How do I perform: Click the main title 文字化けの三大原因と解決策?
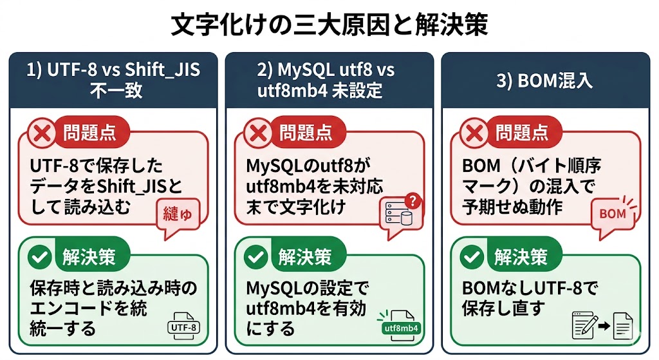click(x=329, y=25)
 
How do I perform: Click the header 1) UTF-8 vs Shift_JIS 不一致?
click(x=113, y=80)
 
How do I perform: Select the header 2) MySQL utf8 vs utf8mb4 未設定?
click(x=329, y=80)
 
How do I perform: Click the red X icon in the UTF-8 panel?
click(x=42, y=133)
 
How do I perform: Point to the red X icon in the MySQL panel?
click(x=258, y=133)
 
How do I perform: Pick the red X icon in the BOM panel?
click(x=474, y=133)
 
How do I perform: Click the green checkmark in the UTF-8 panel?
click(x=42, y=257)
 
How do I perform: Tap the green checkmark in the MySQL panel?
click(x=258, y=257)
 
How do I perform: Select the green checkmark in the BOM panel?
click(x=474, y=257)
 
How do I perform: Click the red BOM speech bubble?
click(x=611, y=213)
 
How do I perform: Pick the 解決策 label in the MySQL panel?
click(x=305, y=257)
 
